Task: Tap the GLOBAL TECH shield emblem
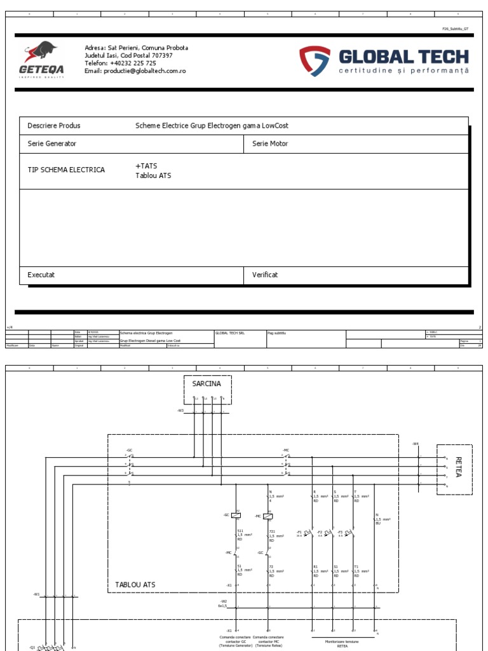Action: [315, 60]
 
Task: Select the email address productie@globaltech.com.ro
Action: [135, 71]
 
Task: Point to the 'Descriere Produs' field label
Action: [54, 126]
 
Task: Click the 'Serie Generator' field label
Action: [51, 144]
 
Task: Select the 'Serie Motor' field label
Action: [270, 144]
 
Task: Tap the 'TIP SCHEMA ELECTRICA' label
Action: [66, 170]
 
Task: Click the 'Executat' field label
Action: [41, 275]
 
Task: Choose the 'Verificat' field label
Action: [265, 275]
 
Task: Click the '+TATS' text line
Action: [146, 166]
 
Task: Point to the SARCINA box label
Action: [207, 384]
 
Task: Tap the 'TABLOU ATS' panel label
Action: [135, 584]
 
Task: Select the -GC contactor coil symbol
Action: [236, 515]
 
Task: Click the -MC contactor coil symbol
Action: [268, 516]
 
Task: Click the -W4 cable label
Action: [415, 443]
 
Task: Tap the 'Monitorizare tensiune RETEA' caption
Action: [342, 643]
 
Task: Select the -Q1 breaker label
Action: [32, 647]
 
